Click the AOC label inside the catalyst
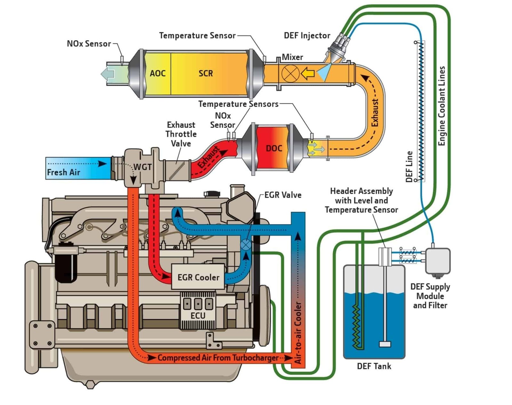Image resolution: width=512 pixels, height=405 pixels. click(157, 73)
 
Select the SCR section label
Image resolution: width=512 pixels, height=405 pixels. click(205, 73)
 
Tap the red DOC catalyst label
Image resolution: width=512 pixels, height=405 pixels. click(274, 148)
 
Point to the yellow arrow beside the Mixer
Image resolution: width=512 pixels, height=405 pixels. click(308, 74)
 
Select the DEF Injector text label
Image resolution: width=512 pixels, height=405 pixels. click(307, 36)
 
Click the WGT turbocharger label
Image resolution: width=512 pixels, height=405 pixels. click(143, 167)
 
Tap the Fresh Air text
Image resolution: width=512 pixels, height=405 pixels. click(63, 172)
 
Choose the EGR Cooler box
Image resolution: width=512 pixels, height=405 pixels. click(198, 277)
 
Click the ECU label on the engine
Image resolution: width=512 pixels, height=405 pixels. click(198, 315)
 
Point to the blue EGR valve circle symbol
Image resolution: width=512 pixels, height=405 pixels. click(246, 245)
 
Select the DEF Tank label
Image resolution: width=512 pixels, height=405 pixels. click(374, 366)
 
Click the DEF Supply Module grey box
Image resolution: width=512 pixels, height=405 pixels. click(438, 261)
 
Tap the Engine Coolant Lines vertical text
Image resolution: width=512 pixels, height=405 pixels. click(442, 106)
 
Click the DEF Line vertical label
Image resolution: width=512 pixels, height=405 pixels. click(409, 167)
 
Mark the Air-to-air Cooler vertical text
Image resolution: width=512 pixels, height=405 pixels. click(298, 333)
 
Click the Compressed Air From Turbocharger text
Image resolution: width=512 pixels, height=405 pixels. click(218, 358)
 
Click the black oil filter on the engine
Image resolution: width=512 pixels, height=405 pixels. click(66, 264)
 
